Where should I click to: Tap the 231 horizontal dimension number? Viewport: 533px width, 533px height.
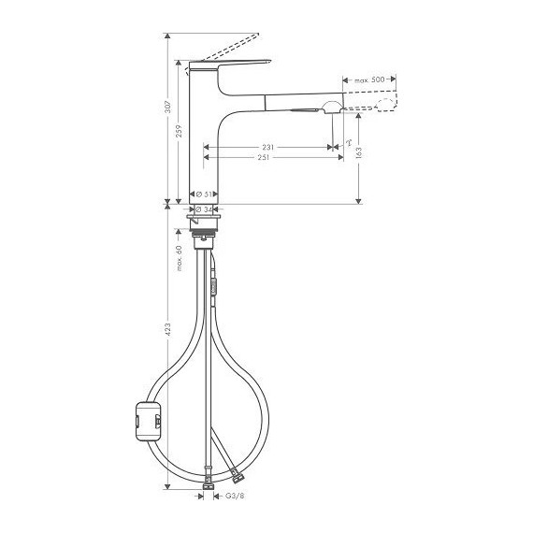pyautogui.click(x=268, y=147)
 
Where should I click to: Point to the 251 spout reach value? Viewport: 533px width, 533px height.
pyautogui.click(x=265, y=159)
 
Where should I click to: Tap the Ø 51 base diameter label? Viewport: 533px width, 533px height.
pyautogui.click(x=208, y=194)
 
